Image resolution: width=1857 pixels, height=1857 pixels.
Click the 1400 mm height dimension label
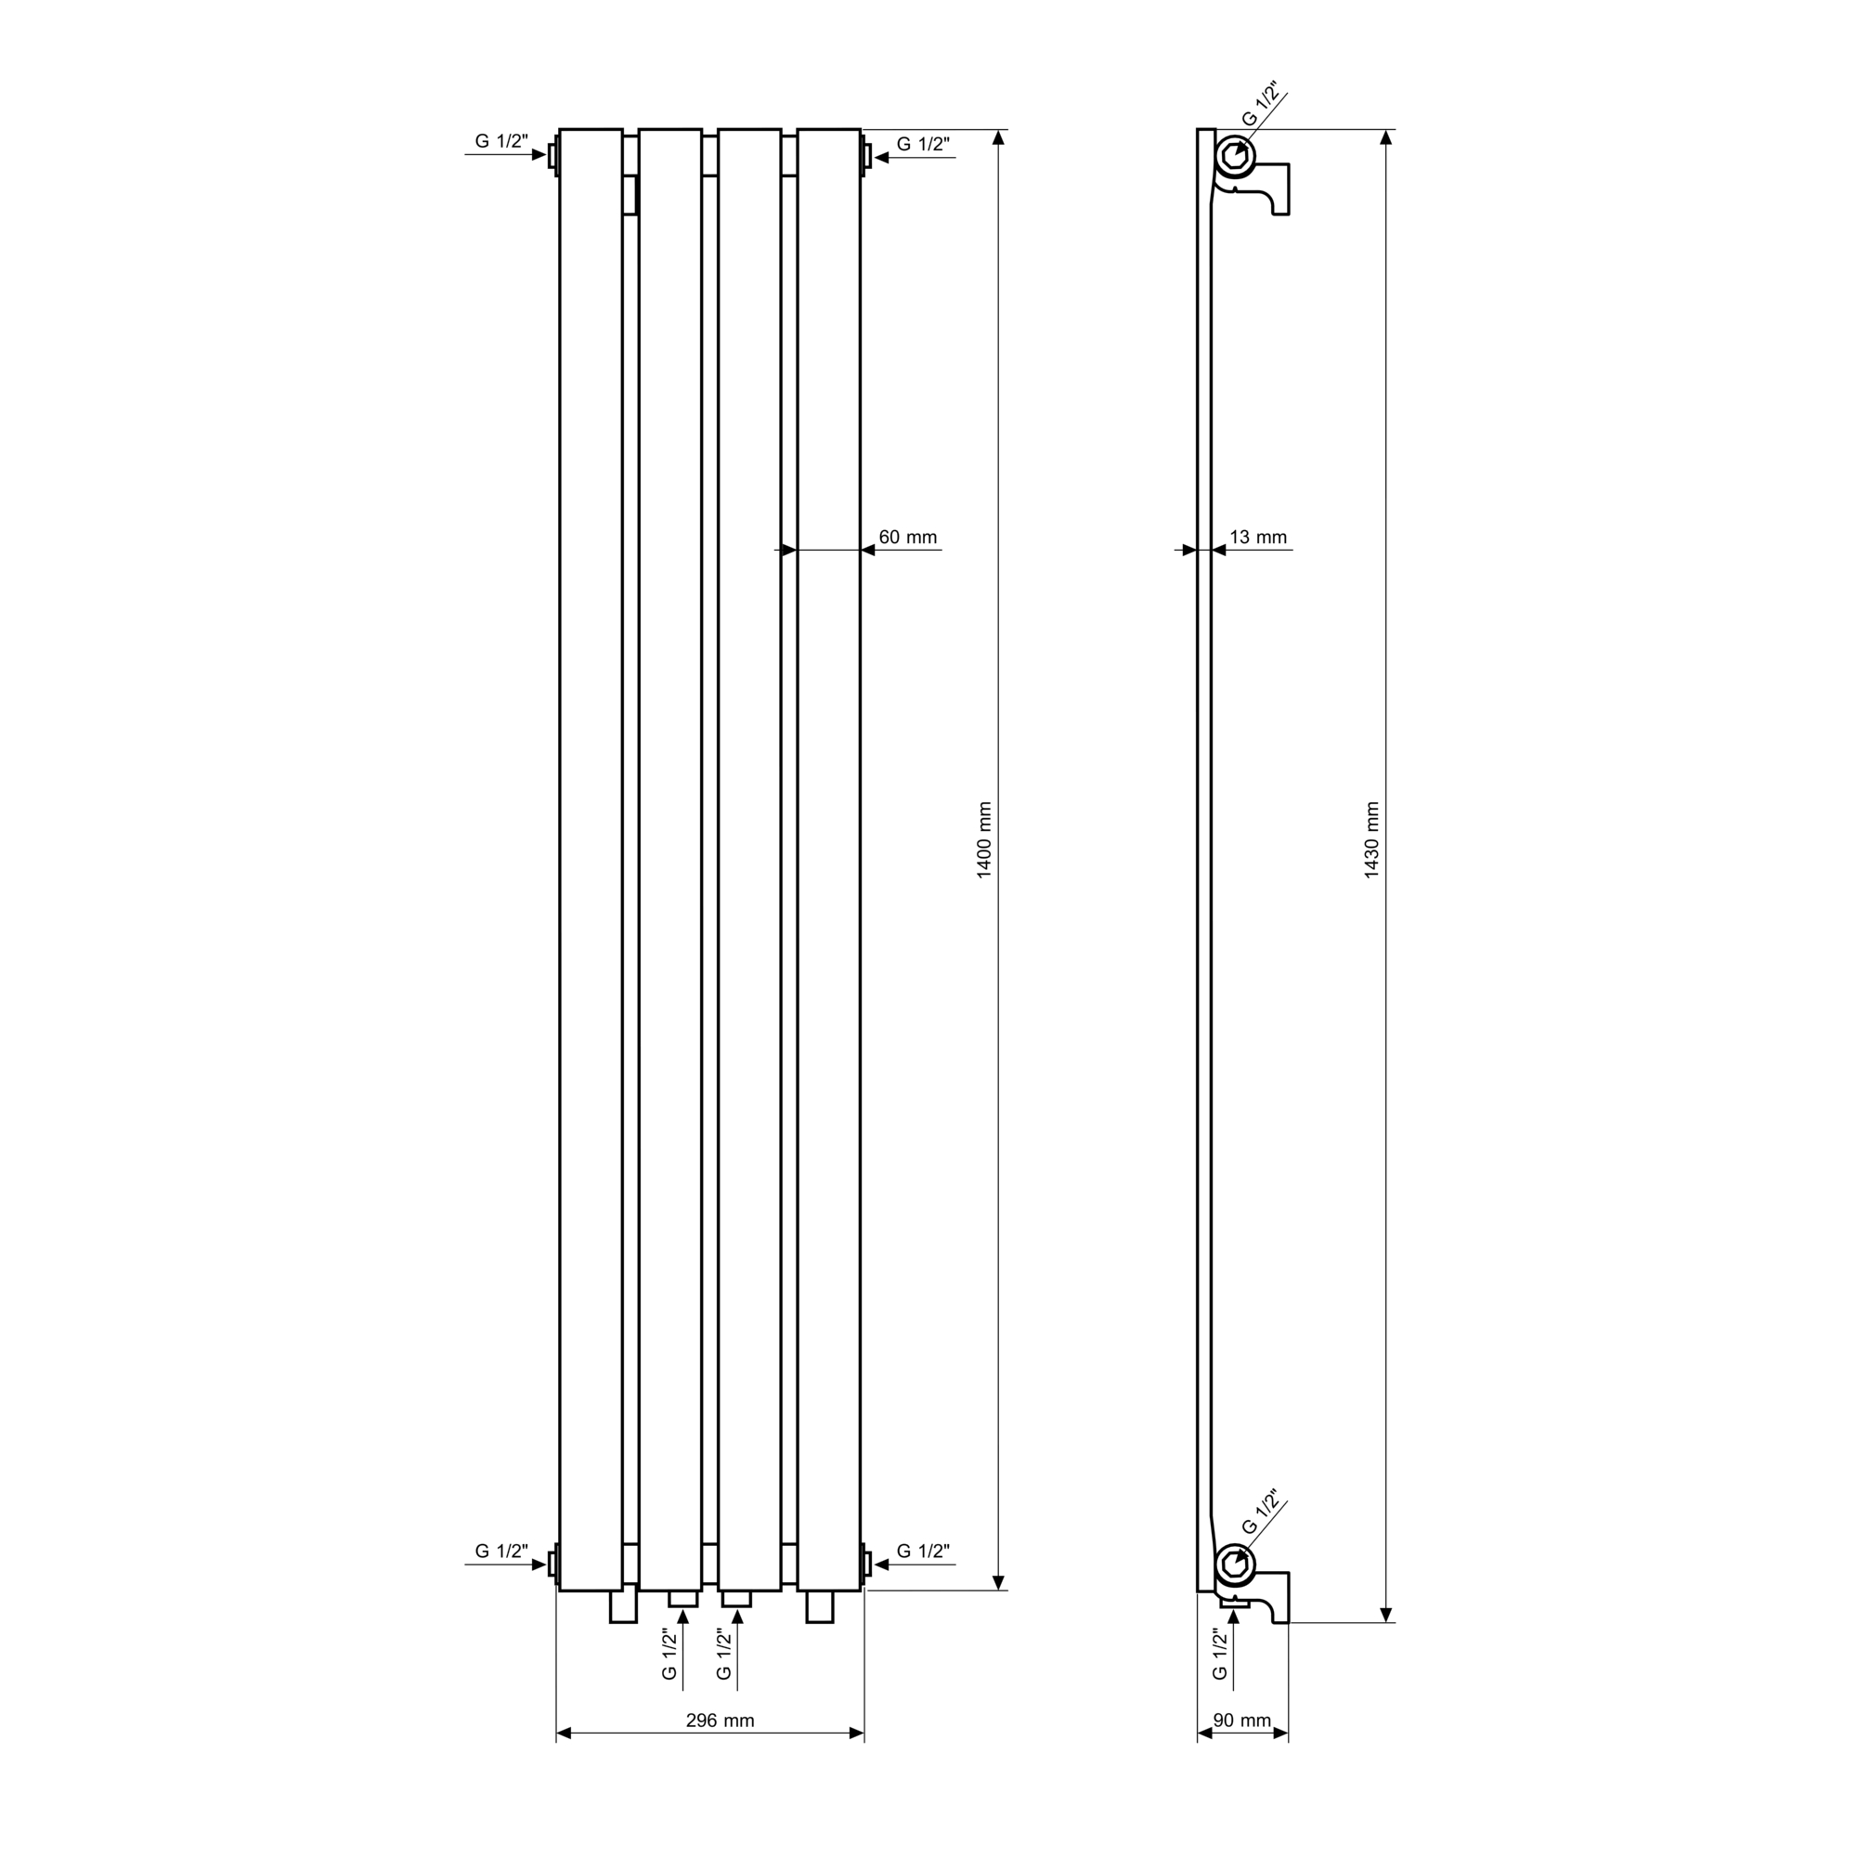pyautogui.click(x=984, y=839)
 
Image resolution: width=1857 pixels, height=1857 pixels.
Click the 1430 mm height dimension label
pyautogui.click(x=1371, y=839)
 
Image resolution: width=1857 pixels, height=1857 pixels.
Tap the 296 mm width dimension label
pyautogui.click(x=720, y=1721)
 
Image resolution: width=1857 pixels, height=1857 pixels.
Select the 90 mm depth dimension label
pyautogui.click(x=1241, y=1721)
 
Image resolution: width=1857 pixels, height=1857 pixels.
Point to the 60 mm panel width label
pyautogui.click(x=907, y=538)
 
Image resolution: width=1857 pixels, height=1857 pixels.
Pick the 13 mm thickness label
pyautogui.click(x=1258, y=538)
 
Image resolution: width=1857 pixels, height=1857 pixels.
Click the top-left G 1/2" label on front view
pyautogui.click(x=501, y=141)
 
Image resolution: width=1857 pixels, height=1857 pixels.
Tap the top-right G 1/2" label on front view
pyautogui.click(x=923, y=144)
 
